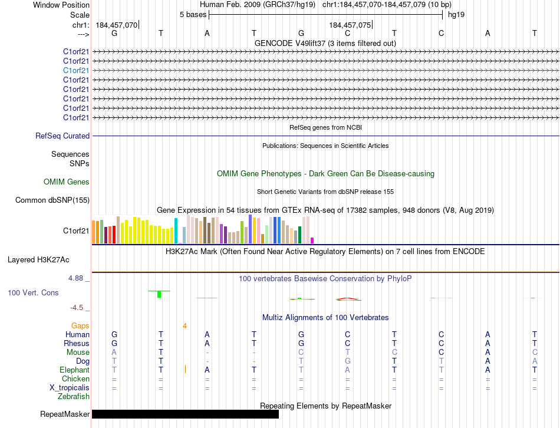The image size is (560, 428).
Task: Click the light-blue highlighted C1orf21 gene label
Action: coord(76,70)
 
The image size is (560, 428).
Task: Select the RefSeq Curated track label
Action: coord(62,136)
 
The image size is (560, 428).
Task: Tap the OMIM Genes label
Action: coord(67,182)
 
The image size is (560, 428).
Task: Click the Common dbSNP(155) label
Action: coord(52,200)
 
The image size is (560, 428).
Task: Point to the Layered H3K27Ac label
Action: coord(38,259)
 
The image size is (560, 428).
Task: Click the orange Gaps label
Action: coord(80,325)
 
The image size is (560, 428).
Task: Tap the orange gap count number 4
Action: coord(185,325)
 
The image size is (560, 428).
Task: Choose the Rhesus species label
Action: coord(77,344)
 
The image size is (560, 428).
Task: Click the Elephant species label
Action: coord(74,370)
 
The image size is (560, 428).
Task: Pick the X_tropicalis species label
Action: coord(70,388)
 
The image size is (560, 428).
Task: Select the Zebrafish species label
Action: coord(73,397)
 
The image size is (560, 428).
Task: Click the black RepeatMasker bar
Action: coord(185,414)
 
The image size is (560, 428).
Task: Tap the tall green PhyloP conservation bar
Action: coord(159,294)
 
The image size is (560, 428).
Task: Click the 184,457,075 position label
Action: coord(350,25)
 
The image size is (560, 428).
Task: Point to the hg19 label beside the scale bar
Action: coord(456,14)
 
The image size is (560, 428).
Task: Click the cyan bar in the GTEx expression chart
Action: coord(176,231)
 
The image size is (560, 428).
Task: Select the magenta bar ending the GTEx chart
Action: coord(312,240)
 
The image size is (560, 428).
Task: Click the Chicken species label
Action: coord(75,379)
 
